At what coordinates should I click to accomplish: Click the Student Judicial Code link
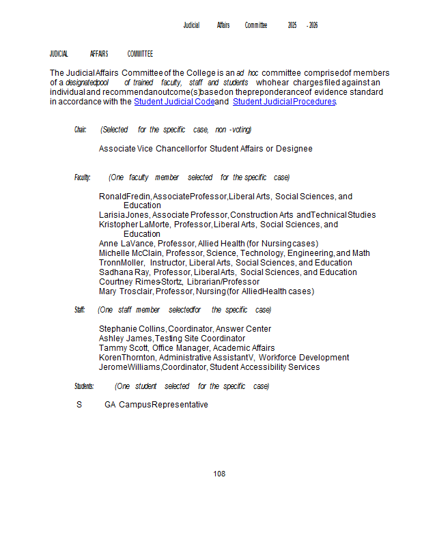174,102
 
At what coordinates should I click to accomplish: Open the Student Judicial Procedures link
284,102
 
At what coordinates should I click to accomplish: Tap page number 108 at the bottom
219,474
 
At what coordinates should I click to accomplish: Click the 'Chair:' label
81,130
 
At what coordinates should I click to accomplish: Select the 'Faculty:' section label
82,177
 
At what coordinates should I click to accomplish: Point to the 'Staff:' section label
80,310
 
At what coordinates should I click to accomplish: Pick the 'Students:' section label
84,386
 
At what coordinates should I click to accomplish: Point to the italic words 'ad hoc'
247,73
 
